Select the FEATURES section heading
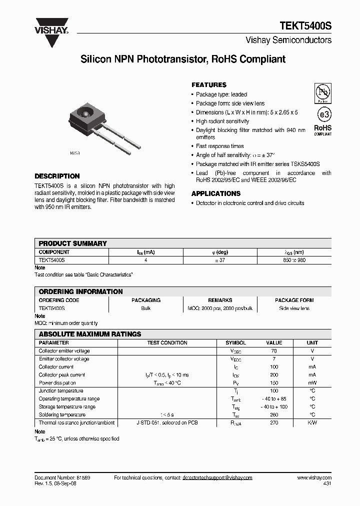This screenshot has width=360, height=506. (209, 85)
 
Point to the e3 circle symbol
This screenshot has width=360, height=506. (323, 114)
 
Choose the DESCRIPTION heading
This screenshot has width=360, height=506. (57, 176)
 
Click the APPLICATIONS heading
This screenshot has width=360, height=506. (216, 193)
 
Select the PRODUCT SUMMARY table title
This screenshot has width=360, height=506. (73, 243)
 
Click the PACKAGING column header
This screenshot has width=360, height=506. (146, 300)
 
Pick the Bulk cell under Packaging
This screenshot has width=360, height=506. (146, 308)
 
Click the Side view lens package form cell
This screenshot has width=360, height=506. (294, 308)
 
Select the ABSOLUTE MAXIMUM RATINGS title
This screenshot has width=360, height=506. (90, 334)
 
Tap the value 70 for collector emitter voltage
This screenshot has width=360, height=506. (274, 351)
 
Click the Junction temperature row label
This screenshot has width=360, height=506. (61, 391)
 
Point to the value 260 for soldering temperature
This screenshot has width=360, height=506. (274, 415)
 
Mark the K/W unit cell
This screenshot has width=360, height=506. (312, 423)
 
